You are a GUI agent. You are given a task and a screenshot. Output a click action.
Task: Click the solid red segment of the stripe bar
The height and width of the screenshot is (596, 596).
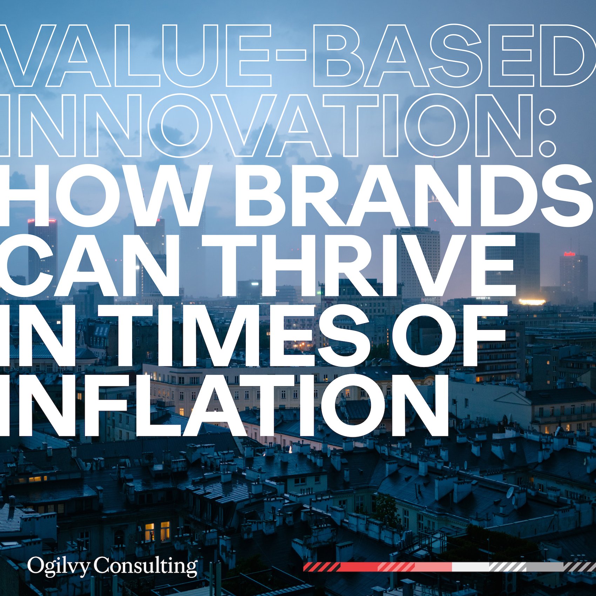pos(358,567)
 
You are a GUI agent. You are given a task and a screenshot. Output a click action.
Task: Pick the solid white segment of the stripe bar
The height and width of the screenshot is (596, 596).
pos(470,567)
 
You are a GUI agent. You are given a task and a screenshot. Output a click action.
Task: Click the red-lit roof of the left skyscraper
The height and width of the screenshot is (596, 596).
pos(42,221)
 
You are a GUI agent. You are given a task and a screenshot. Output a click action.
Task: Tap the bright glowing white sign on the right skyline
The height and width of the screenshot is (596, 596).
pos(532,302)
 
